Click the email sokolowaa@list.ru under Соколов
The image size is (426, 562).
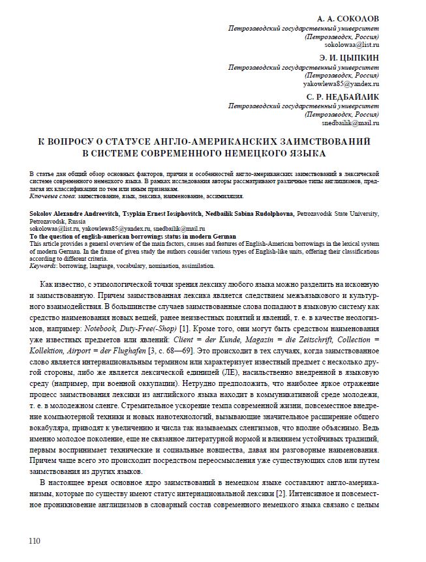point(352,45)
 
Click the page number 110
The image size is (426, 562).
point(35,540)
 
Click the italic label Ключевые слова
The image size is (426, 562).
point(52,196)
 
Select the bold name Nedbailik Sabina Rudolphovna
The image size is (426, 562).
point(245,214)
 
